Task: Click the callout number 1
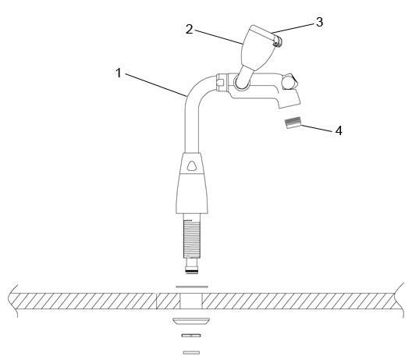point(119,73)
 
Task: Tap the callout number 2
point(189,29)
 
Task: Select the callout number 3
point(319,22)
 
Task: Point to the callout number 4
point(339,130)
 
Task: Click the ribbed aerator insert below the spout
point(293,123)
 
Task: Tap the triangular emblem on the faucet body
point(192,166)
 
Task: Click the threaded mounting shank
point(192,239)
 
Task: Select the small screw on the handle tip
point(279,42)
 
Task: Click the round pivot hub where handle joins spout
point(242,81)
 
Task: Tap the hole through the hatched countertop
point(191,301)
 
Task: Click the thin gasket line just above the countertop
point(192,287)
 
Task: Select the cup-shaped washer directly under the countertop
point(191,321)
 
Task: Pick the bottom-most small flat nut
point(191,352)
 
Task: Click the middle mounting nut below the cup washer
point(191,335)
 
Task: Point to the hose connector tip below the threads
point(192,266)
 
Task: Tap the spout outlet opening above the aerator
point(290,105)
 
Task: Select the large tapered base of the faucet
point(192,194)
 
